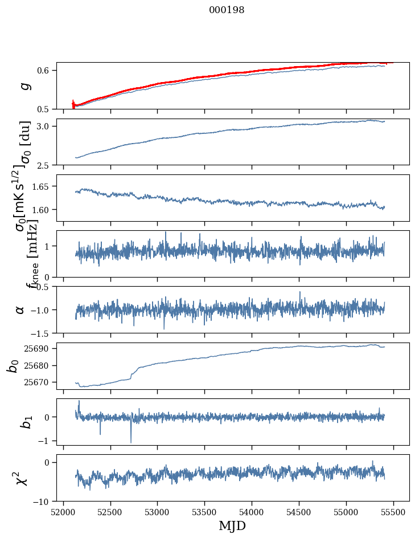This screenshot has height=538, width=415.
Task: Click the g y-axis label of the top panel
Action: point(23,86)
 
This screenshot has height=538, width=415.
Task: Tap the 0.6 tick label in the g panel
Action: point(46,71)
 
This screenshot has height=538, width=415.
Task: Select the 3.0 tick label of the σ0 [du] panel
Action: point(46,126)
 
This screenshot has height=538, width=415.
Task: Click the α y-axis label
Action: point(20,309)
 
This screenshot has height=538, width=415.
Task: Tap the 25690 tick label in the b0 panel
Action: point(40,348)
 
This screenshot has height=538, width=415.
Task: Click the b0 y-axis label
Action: point(13,365)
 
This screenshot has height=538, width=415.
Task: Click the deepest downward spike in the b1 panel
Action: point(131,442)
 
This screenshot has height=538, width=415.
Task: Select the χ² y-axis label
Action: point(21,478)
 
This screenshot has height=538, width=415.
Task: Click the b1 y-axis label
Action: point(23,421)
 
